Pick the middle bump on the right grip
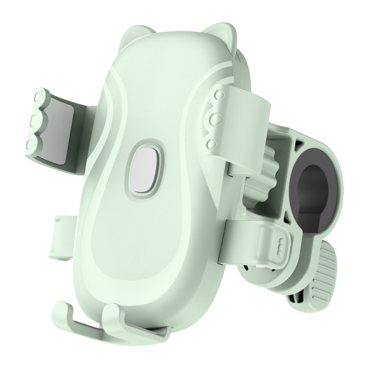tap(213, 119)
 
